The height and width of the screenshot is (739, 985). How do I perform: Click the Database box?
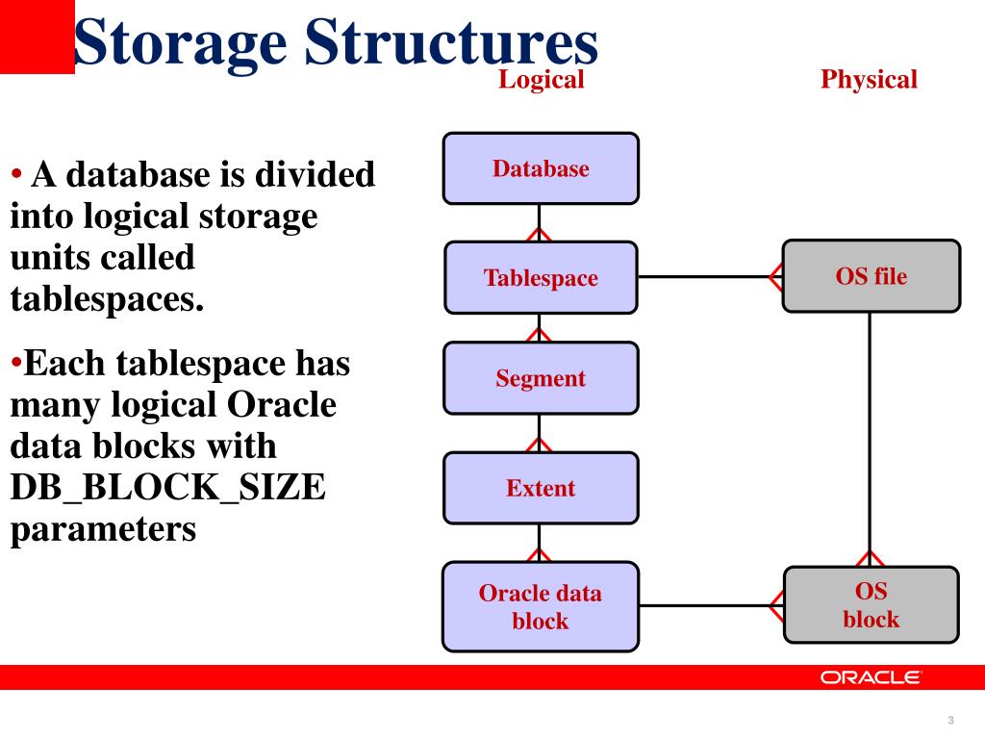coord(540,168)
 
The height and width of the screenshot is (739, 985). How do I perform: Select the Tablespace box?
coord(540,278)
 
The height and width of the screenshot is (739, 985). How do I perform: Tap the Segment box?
coord(540,378)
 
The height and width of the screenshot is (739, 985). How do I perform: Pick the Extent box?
coord(540,488)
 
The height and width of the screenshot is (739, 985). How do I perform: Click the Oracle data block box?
coord(540,606)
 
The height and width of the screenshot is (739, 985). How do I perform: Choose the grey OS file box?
coord(871,276)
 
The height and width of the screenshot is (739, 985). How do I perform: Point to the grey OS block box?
coord(871,605)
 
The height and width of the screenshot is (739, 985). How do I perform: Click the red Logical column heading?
coord(541,80)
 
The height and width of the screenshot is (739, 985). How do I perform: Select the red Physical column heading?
coord(869,80)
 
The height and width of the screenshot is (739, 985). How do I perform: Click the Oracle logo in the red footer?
coord(871,677)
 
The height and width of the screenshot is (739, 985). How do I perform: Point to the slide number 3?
coord(950,721)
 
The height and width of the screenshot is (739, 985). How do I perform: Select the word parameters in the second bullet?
coord(103,529)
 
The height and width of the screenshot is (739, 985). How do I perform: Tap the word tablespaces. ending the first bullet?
coord(108,299)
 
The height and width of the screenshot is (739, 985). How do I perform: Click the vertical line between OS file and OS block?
coord(871,433)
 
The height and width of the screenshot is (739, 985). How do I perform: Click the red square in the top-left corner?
coord(37,37)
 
